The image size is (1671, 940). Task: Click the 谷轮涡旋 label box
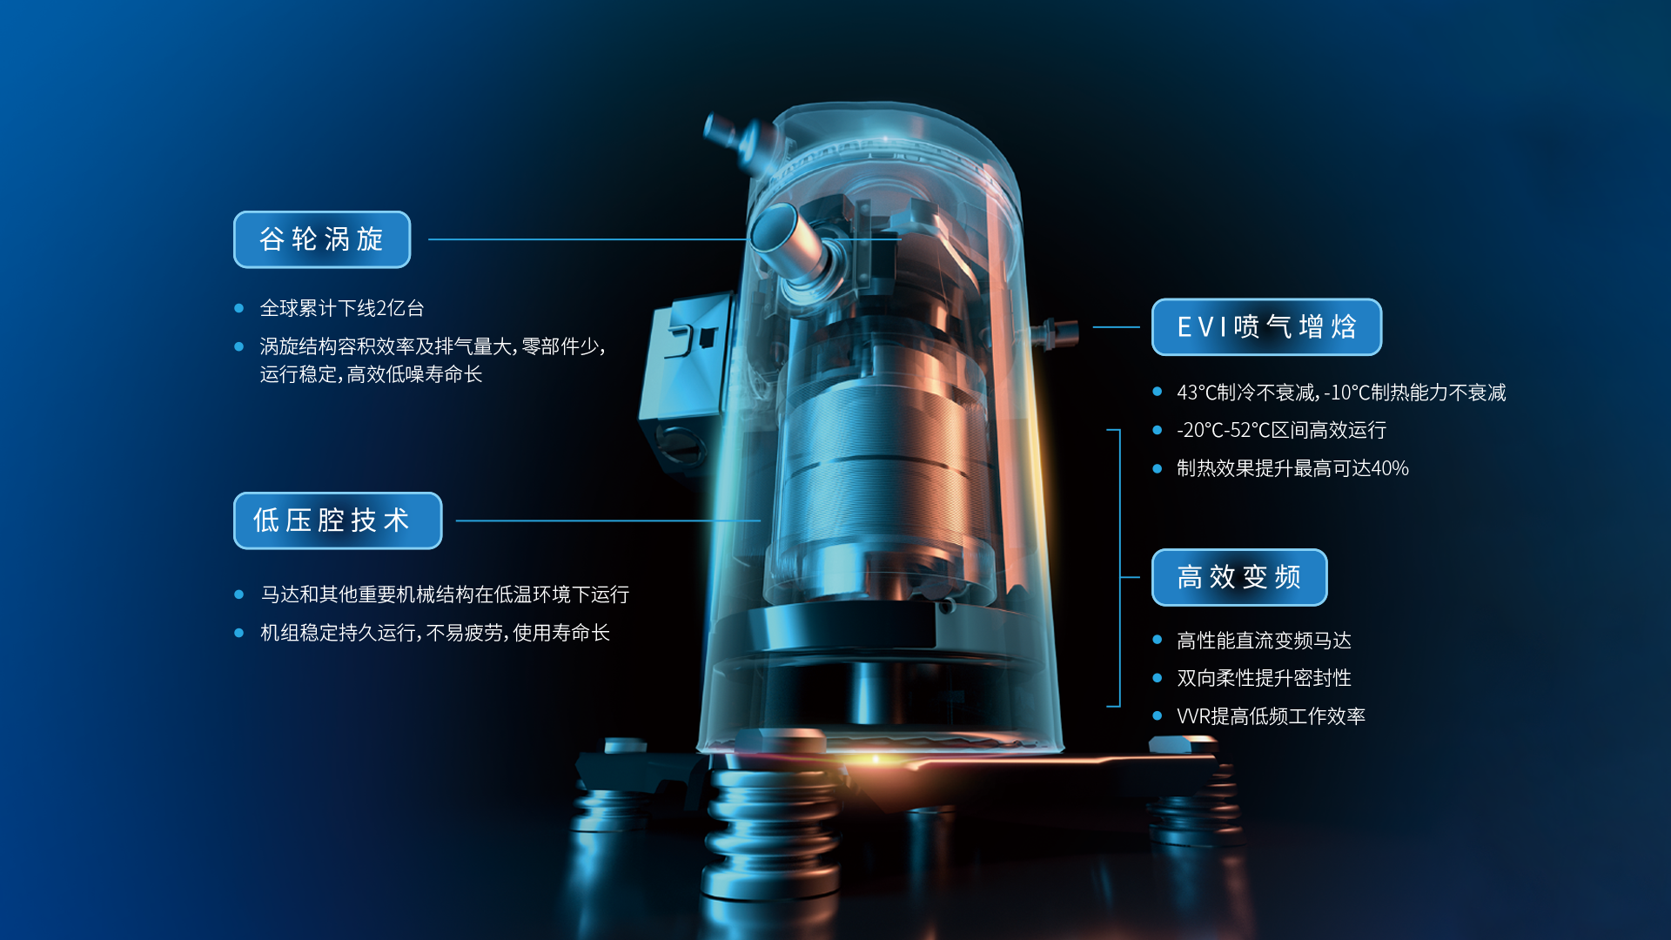point(322,239)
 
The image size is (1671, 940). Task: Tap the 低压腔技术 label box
point(338,520)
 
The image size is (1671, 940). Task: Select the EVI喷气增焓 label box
point(1266,327)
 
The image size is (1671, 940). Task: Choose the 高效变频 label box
point(1239,577)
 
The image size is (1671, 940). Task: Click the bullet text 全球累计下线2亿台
point(342,308)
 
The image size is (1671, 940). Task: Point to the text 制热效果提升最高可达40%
point(1292,468)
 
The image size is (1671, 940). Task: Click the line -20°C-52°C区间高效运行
point(1281,430)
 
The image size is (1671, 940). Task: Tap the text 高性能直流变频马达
point(1264,641)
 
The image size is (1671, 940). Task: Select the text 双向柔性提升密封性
point(1264,678)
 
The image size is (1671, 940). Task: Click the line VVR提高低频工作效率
point(1271,716)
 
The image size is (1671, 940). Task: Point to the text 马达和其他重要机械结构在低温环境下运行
point(445,594)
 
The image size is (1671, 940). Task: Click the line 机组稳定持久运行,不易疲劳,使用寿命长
point(435,633)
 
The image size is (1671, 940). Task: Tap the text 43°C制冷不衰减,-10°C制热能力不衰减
point(1341,393)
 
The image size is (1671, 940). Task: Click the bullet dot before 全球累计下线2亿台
point(238,308)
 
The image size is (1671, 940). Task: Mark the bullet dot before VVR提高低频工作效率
point(1157,716)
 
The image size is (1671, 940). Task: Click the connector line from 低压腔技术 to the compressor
point(608,520)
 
